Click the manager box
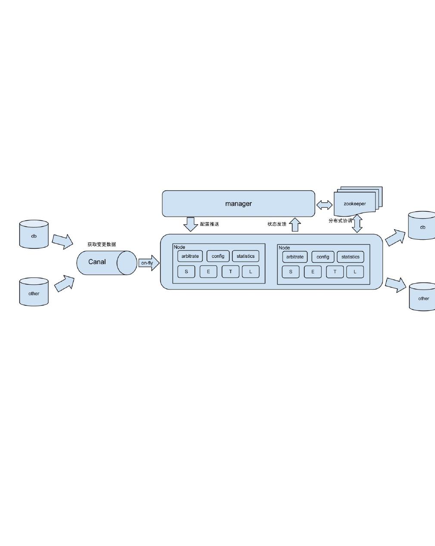point(238,204)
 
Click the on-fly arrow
point(148,263)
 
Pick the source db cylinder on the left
point(34,235)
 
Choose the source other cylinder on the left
point(34,292)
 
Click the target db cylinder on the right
point(422,226)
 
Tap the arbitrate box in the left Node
point(190,256)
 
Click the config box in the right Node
point(323,257)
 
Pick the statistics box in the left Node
point(245,256)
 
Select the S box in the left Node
point(186,271)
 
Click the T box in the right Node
point(335,272)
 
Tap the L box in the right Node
point(355,272)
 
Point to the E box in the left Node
point(208,271)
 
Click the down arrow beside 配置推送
point(190,224)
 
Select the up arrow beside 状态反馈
point(295,224)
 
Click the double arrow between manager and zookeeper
point(324,205)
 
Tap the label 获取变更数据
point(102,244)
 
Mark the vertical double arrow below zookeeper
point(357,224)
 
